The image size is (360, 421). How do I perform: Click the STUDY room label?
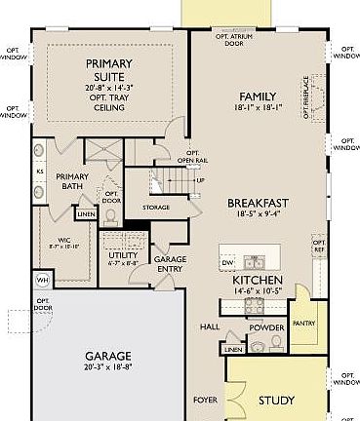click(276, 401)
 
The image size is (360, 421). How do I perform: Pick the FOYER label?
click(205, 400)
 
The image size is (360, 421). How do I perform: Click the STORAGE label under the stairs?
click(156, 207)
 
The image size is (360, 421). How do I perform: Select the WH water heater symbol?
click(42, 280)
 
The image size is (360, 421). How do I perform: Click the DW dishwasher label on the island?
click(227, 263)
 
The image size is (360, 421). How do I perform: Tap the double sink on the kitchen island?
click(256, 261)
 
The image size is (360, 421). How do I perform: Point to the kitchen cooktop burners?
click(254, 303)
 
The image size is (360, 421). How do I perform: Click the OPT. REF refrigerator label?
click(318, 245)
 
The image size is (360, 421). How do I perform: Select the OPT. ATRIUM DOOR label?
click(234, 38)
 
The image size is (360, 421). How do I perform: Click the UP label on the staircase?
click(200, 180)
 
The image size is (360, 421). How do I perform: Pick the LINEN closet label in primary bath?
click(86, 213)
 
